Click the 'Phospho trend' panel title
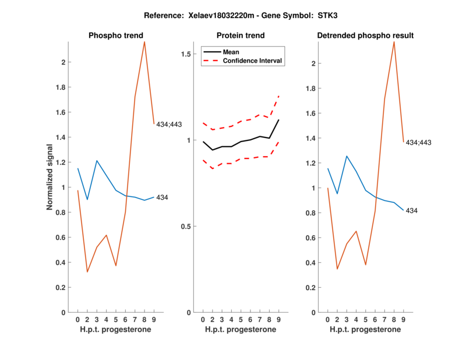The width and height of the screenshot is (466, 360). tap(115, 36)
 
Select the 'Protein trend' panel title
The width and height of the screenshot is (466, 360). tap(240, 36)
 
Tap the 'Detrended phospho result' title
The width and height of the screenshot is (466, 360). tap(365, 36)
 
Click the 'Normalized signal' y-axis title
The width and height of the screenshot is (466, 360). tap(51, 177)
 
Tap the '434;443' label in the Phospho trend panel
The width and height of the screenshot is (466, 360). tap(169, 123)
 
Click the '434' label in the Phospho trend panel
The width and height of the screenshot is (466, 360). tap(162, 197)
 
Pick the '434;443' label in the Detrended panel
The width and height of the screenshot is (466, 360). tap(418, 142)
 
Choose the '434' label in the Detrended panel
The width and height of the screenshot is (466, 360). tap(411, 210)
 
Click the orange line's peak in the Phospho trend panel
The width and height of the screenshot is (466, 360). tap(144, 41)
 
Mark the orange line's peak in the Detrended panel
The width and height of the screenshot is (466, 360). tap(394, 41)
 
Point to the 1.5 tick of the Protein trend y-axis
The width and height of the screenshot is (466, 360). tap(186, 54)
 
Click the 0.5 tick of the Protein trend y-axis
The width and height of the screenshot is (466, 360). tap(186, 227)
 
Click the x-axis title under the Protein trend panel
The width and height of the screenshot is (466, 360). tap(240, 330)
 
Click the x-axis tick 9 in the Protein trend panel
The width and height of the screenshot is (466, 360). tap(279, 320)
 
